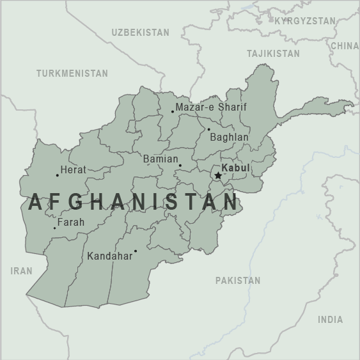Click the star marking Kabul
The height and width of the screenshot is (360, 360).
tap(218, 175)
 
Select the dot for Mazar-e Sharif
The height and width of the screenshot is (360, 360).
tap(172, 112)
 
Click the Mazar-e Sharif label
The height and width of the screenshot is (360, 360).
tap(211, 107)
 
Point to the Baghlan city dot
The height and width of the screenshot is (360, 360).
tap(208, 129)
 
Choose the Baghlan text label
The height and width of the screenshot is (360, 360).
tap(229, 137)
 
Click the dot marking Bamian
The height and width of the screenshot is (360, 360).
tap(180, 166)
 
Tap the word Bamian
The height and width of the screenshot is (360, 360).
tap(160, 158)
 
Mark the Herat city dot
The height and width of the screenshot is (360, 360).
tap(57, 175)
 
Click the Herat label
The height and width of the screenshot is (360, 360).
tap(73, 170)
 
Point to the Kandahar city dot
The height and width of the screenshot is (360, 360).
tap(136, 251)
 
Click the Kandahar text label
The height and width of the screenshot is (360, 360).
tap(109, 256)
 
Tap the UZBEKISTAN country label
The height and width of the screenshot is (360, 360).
tap(140, 32)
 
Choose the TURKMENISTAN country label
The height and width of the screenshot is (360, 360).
tap(72, 74)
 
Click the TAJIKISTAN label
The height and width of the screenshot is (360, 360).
tap(273, 53)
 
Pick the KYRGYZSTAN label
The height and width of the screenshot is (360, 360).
tap(304, 21)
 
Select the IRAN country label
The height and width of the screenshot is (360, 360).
tap(21, 271)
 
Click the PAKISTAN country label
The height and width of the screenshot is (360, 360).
tap(238, 280)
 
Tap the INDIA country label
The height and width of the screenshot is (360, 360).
tap(330, 319)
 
